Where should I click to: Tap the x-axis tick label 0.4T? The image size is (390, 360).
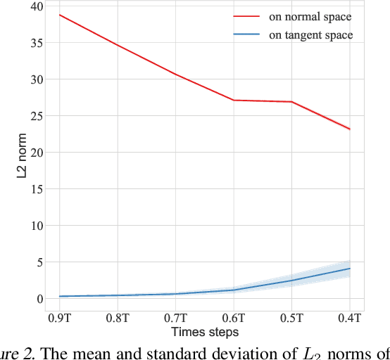click(350, 319)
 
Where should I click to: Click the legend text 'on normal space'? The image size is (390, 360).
click(310, 16)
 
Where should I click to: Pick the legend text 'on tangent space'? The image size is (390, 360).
click(310, 34)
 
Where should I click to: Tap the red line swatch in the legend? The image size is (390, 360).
click(246, 16)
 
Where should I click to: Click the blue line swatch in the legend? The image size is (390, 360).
click(246, 34)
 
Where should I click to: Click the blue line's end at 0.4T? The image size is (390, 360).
click(350, 269)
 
